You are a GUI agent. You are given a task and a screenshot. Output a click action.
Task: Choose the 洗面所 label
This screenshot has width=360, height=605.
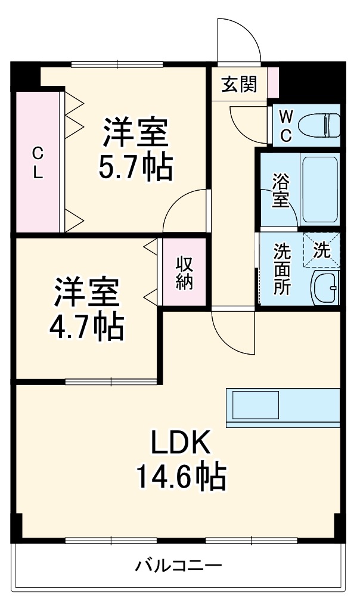(282, 269)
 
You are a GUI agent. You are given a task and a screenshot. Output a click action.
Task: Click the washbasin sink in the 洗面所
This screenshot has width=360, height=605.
(325, 288)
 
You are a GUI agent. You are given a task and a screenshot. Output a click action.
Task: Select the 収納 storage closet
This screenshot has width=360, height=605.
(184, 273)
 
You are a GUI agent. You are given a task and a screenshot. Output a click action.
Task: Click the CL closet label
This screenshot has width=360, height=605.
(38, 163)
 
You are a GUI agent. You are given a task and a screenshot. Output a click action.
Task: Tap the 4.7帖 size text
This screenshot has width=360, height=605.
(88, 327)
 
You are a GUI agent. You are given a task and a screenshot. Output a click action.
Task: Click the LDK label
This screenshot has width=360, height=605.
(180, 443)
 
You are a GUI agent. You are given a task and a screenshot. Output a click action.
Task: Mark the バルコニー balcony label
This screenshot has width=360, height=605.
(178, 566)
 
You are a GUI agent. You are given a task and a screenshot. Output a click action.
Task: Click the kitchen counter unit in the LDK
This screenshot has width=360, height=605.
(282, 408)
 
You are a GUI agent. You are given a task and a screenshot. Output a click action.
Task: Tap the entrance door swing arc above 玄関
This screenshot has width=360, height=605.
(238, 41)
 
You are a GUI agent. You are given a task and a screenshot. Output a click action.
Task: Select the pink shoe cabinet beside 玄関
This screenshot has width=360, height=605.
(273, 83)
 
